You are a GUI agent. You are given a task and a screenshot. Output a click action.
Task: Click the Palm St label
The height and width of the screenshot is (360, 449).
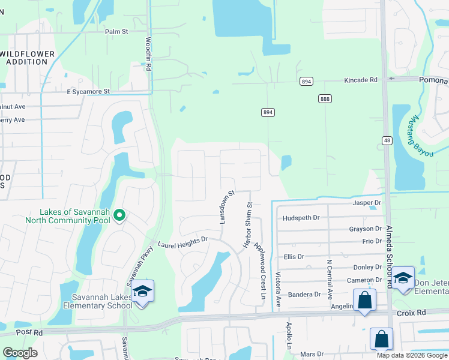[x=117, y=32]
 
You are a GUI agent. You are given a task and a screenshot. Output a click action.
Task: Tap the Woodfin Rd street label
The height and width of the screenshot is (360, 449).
[x=148, y=55]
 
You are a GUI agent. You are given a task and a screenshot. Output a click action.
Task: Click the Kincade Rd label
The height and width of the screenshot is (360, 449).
[x=360, y=80]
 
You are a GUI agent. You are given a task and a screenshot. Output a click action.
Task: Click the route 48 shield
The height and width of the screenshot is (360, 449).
[x=386, y=140]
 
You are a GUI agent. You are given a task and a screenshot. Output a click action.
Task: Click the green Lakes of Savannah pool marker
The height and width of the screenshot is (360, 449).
[x=119, y=215]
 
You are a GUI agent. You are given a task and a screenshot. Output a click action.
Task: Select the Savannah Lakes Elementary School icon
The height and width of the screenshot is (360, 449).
[x=143, y=292]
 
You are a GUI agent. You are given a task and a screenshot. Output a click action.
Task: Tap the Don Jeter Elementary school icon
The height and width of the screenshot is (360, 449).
[x=403, y=278]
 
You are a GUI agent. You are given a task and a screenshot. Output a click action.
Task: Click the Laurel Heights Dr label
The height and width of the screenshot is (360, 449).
[x=182, y=242]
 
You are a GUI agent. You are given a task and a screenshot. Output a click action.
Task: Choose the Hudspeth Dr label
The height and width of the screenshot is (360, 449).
[x=301, y=218]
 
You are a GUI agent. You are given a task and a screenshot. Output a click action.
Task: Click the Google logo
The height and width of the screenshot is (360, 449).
[x=20, y=352]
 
